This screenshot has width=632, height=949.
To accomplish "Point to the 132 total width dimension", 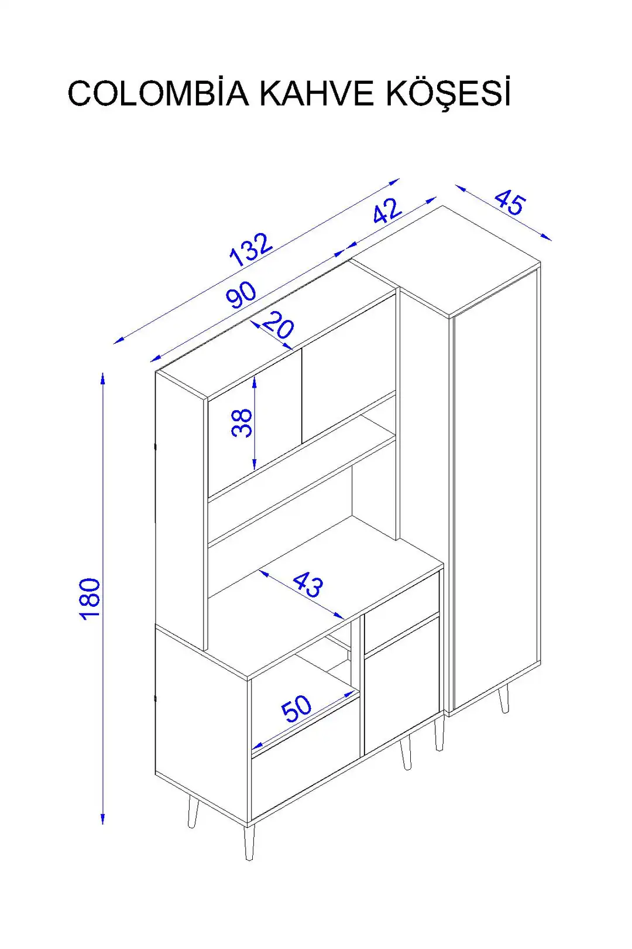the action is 250,250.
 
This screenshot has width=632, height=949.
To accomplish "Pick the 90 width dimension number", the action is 241,294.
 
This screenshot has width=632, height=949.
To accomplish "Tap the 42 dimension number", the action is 387,210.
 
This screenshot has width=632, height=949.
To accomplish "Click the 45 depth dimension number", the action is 510,203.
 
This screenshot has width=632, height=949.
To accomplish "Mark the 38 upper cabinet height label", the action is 242,422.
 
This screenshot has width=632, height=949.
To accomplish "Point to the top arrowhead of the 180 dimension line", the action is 102,377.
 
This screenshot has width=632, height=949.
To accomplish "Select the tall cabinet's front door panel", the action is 495,489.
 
